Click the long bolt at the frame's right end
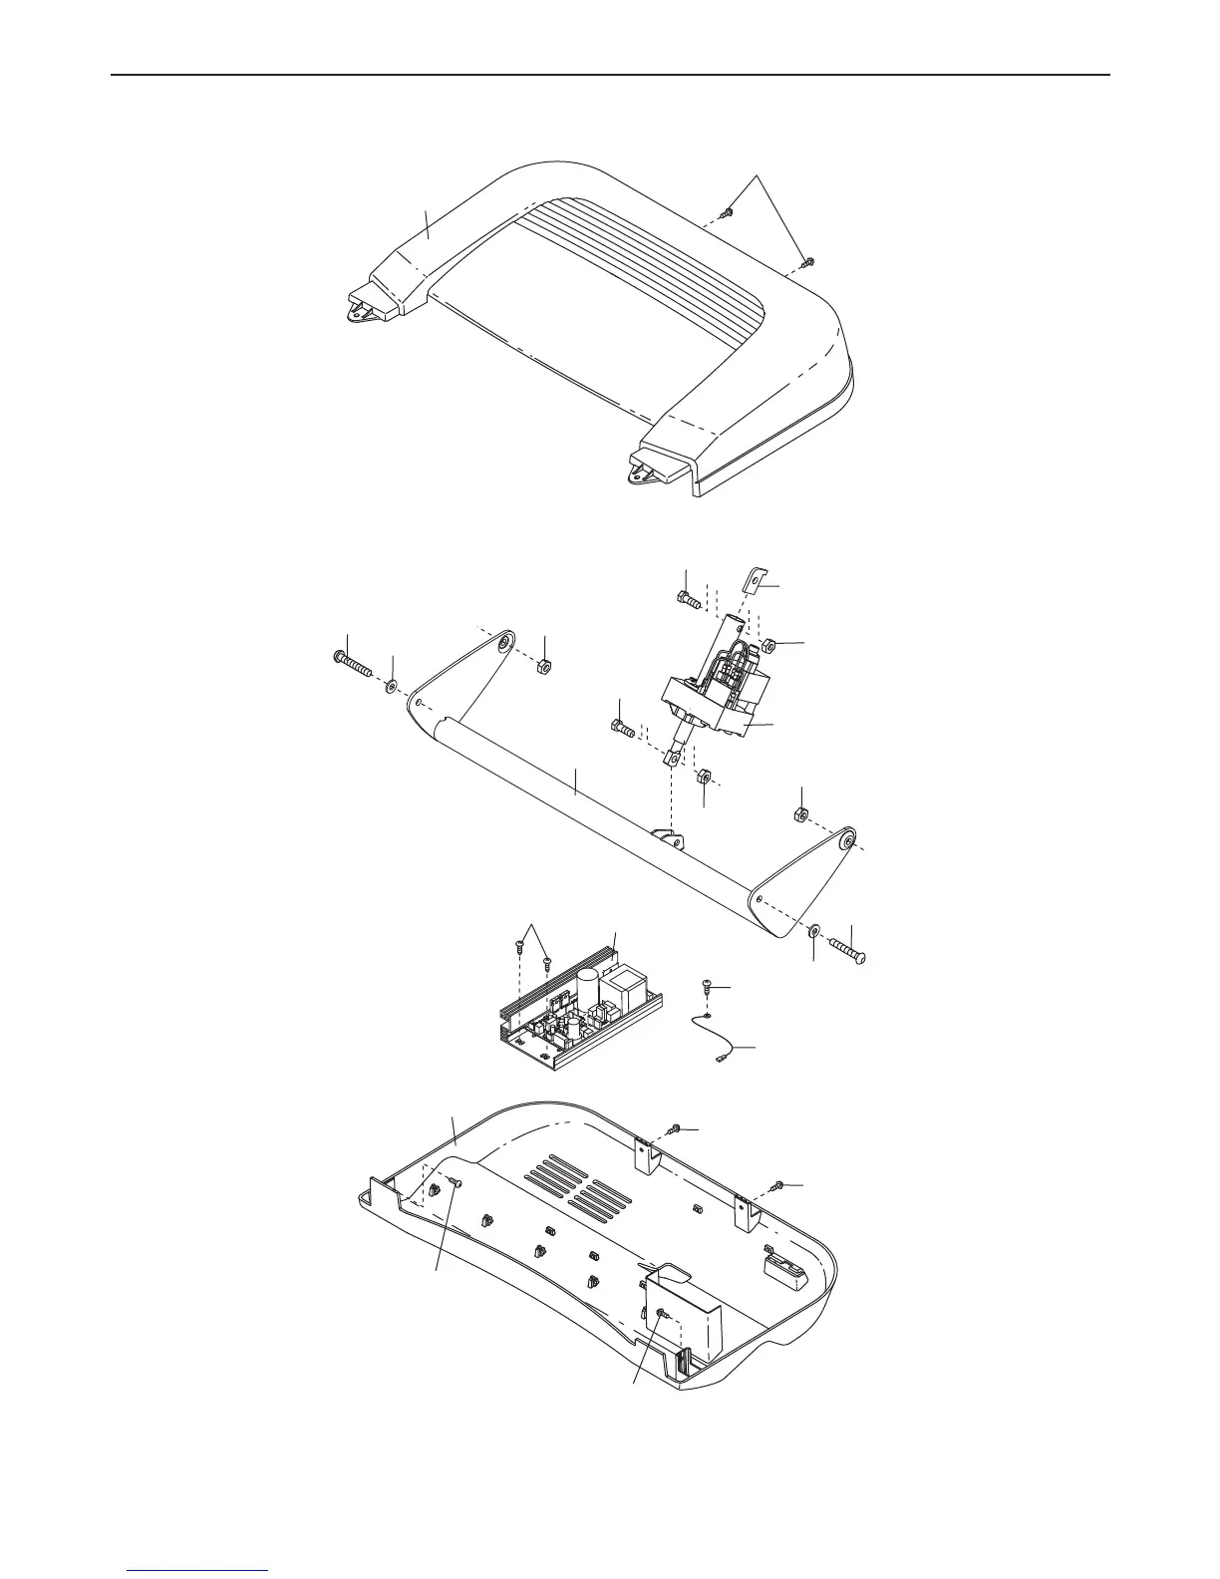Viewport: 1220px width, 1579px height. [846, 942]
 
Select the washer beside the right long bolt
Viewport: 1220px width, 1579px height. [813, 930]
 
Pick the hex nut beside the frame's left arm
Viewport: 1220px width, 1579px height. [545, 665]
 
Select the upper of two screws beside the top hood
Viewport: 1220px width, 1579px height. [728, 213]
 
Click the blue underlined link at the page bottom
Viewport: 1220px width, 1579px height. [198, 1569]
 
